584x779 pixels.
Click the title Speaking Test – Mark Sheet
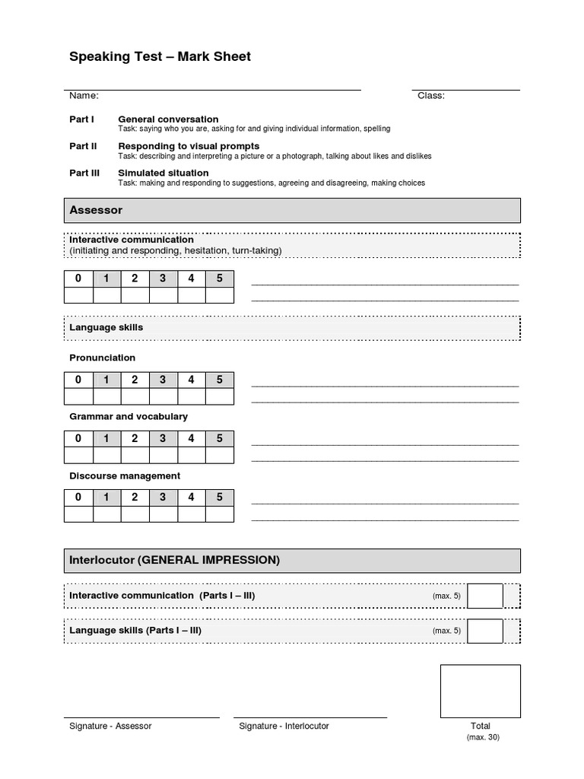[x=160, y=57]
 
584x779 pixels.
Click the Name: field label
[x=84, y=96]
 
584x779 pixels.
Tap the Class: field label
[x=431, y=96]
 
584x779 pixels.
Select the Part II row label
[x=83, y=146]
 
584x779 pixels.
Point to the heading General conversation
[x=168, y=119]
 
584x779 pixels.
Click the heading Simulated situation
[x=164, y=173]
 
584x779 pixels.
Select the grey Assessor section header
[x=293, y=210]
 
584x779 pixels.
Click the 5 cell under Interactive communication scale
[x=220, y=278]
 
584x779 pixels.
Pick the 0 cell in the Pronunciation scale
[x=78, y=380]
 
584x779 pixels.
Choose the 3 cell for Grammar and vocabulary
[x=163, y=438]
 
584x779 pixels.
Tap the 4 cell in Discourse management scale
[x=192, y=498]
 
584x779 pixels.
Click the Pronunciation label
[x=103, y=358]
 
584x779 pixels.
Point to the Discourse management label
[x=125, y=475]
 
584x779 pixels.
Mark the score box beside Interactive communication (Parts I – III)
[x=485, y=596]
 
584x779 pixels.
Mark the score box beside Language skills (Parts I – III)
[x=485, y=631]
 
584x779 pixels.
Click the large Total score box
[x=481, y=691]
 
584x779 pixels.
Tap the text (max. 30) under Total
[x=483, y=737]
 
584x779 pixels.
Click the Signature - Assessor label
[x=110, y=726]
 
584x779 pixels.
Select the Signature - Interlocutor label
[x=284, y=726]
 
